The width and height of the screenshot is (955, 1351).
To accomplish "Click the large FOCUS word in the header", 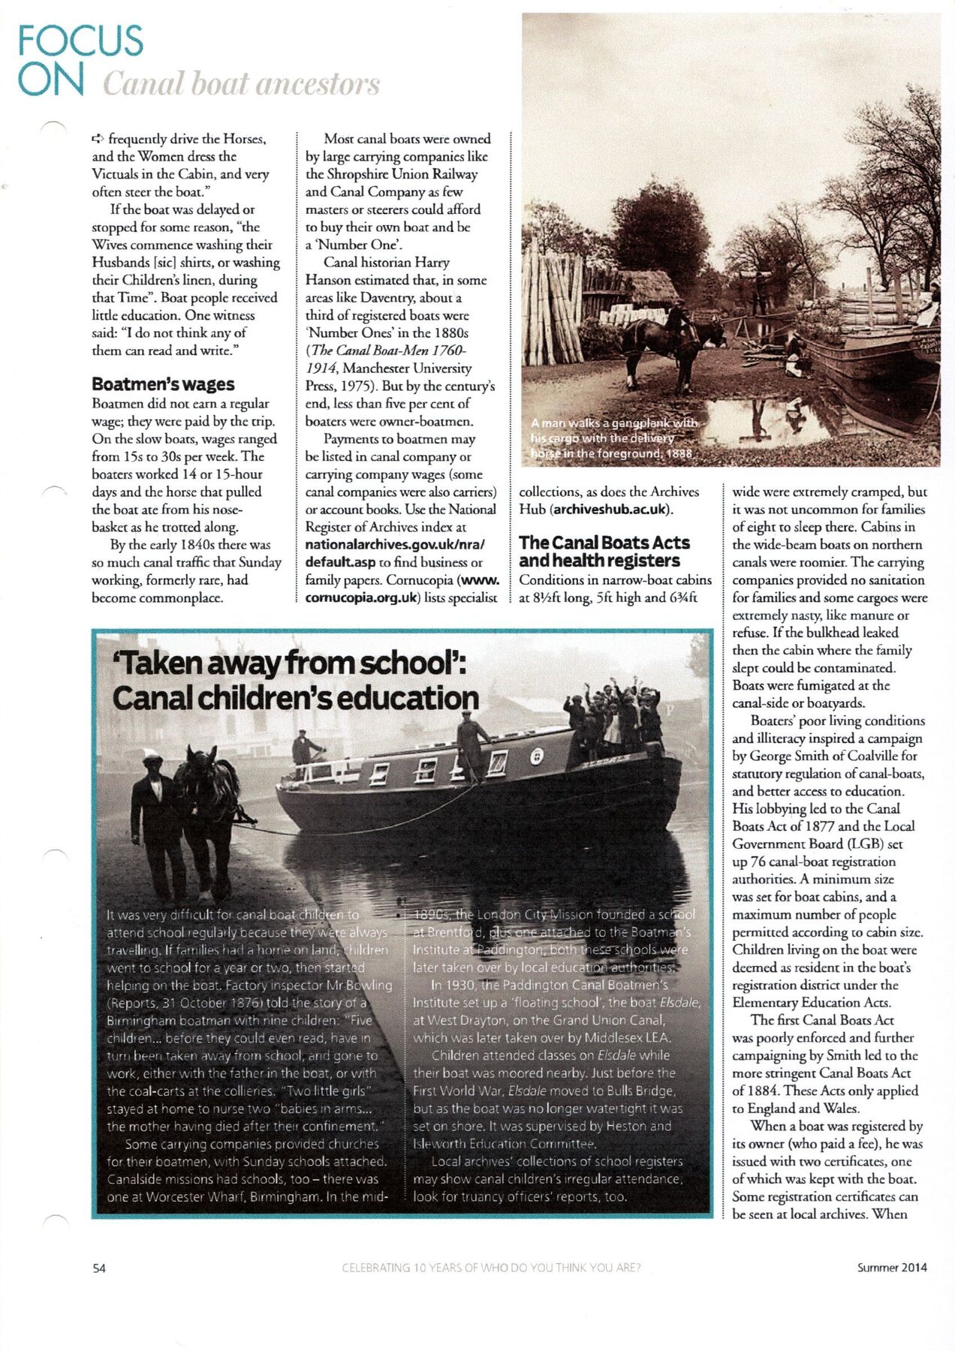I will [80, 41].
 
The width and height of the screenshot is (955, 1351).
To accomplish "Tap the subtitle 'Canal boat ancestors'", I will [241, 84].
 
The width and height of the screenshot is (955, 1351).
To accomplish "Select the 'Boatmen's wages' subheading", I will [163, 384].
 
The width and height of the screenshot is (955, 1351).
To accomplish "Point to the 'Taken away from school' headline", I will [291, 663].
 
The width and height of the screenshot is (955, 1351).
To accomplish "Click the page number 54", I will [99, 1268].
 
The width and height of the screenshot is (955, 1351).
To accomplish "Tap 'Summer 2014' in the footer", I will [892, 1268].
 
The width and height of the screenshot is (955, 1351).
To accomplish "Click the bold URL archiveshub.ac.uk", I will [611, 510].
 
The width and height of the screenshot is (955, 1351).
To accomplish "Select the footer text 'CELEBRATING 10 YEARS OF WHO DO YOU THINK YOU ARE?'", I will [491, 1268].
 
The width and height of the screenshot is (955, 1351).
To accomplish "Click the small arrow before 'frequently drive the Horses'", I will [98, 139].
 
